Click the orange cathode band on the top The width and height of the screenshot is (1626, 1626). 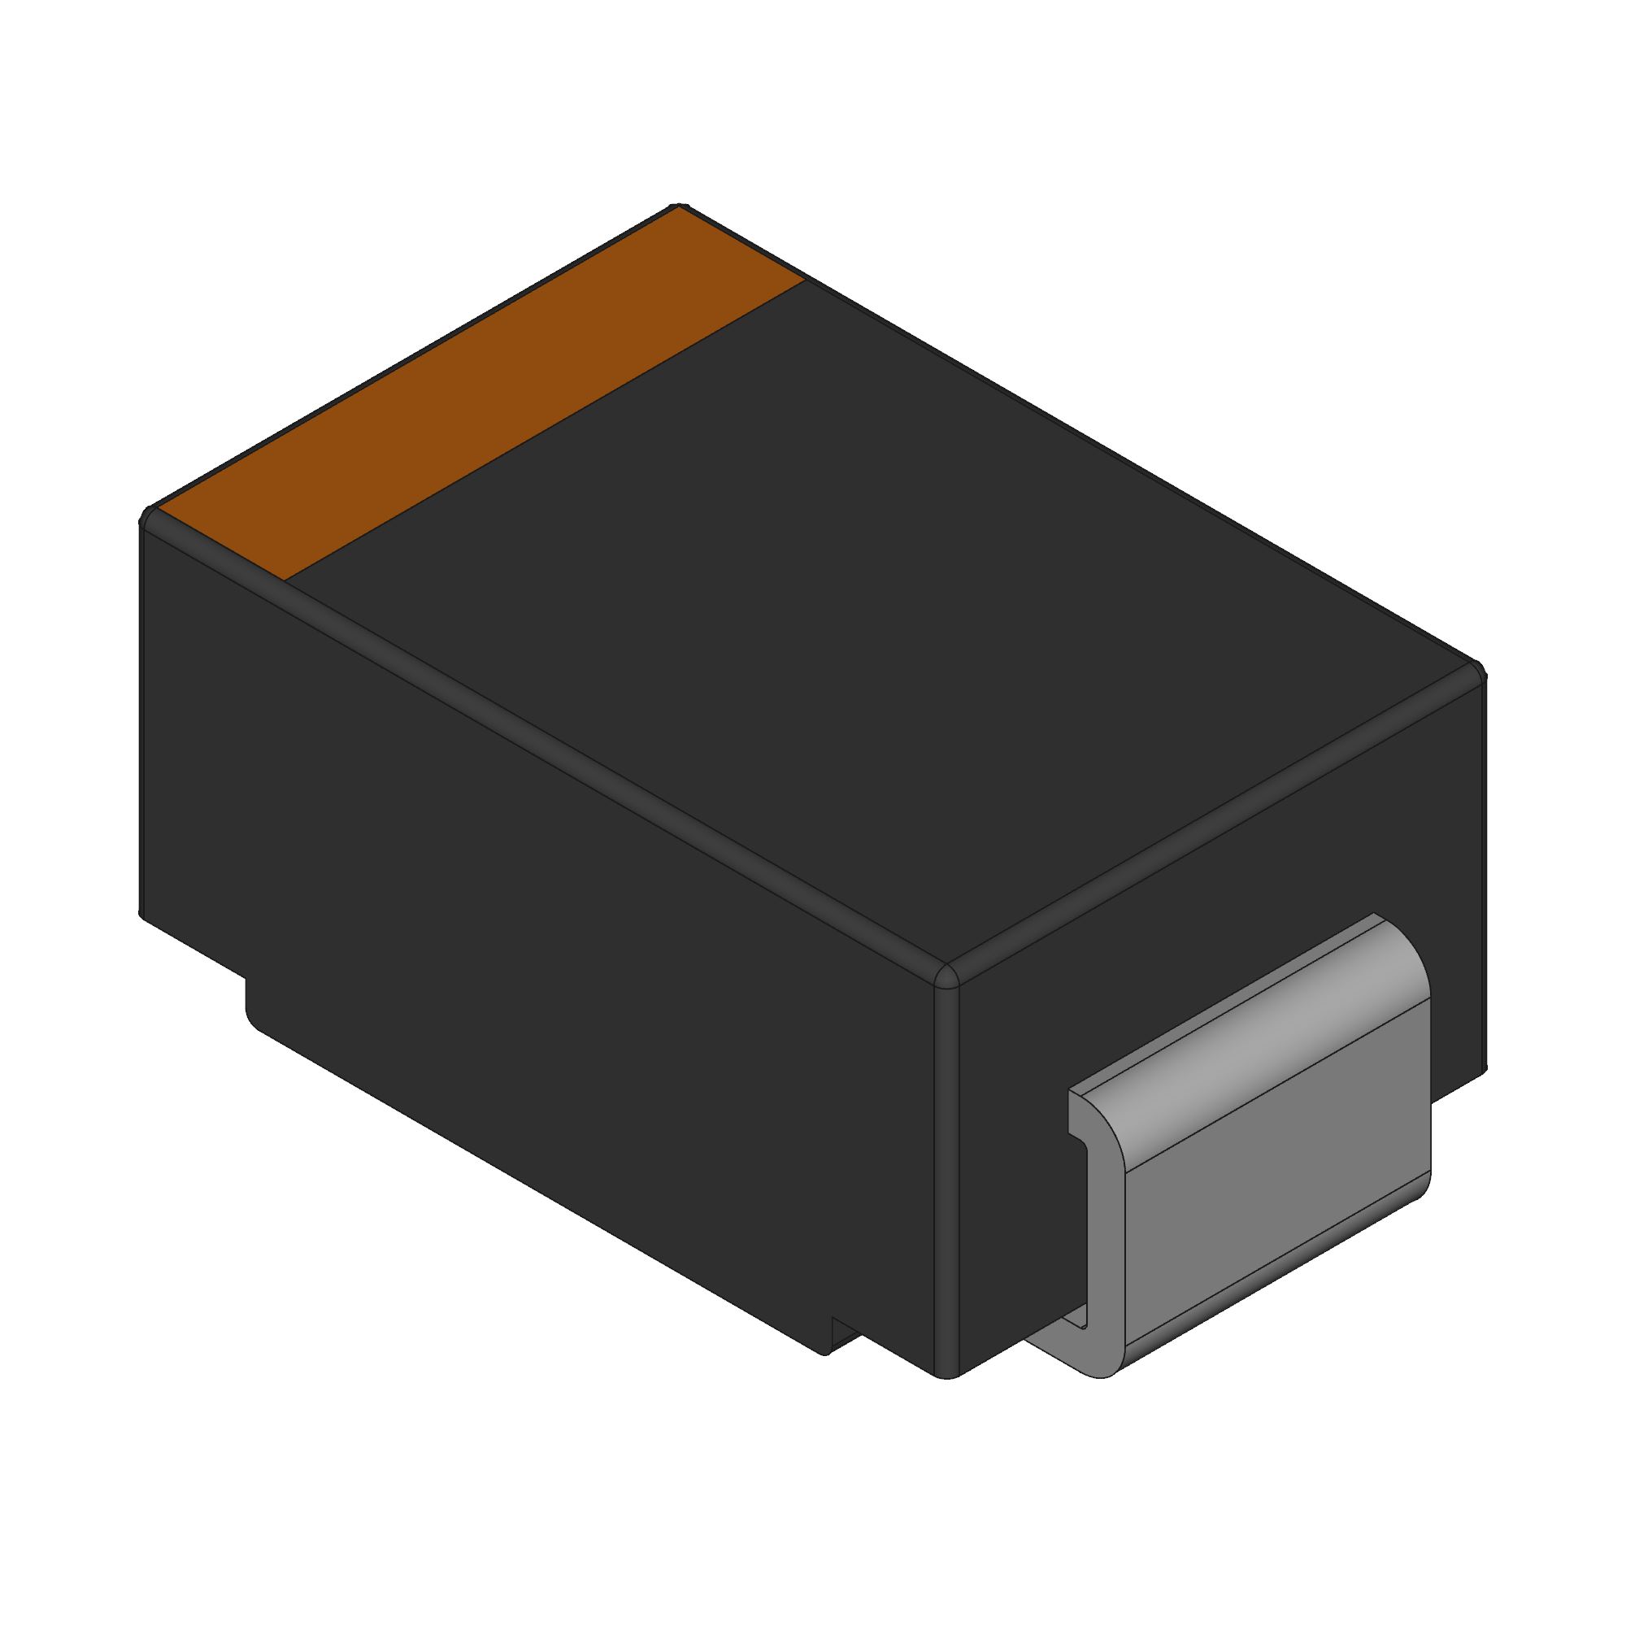coord(480,396)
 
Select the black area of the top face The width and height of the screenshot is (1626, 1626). coord(884,589)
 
